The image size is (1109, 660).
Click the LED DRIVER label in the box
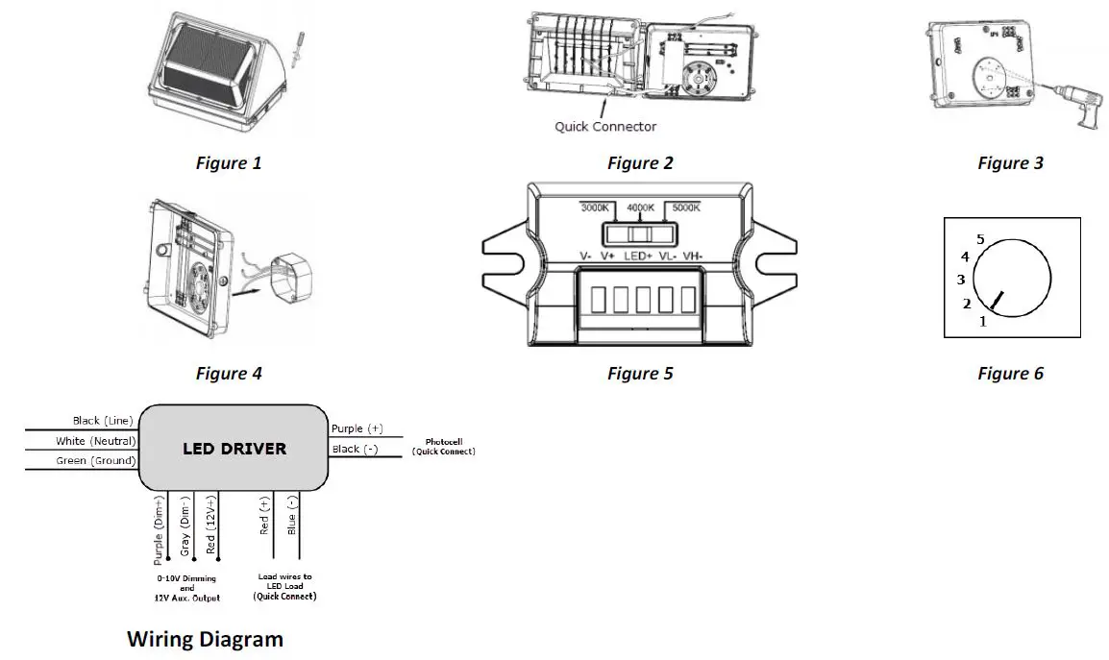(x=234, y=449)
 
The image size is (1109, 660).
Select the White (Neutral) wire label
(x=95, y=441)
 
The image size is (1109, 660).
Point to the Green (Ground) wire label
(x=95, y=461)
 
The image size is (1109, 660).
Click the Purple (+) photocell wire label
(x=357, y=428)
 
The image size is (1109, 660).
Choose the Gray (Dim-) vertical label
(x=186, y=526)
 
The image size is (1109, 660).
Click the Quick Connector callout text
(x=605, y=126)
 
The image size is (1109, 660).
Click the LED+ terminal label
(x=636, y=257)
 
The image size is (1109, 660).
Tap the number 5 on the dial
(x=980, y=239)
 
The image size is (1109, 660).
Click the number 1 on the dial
(x=982, y=322)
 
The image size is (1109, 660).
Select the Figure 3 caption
(x=1010, y=163)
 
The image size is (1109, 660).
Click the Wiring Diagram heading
(x=206, y=638)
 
